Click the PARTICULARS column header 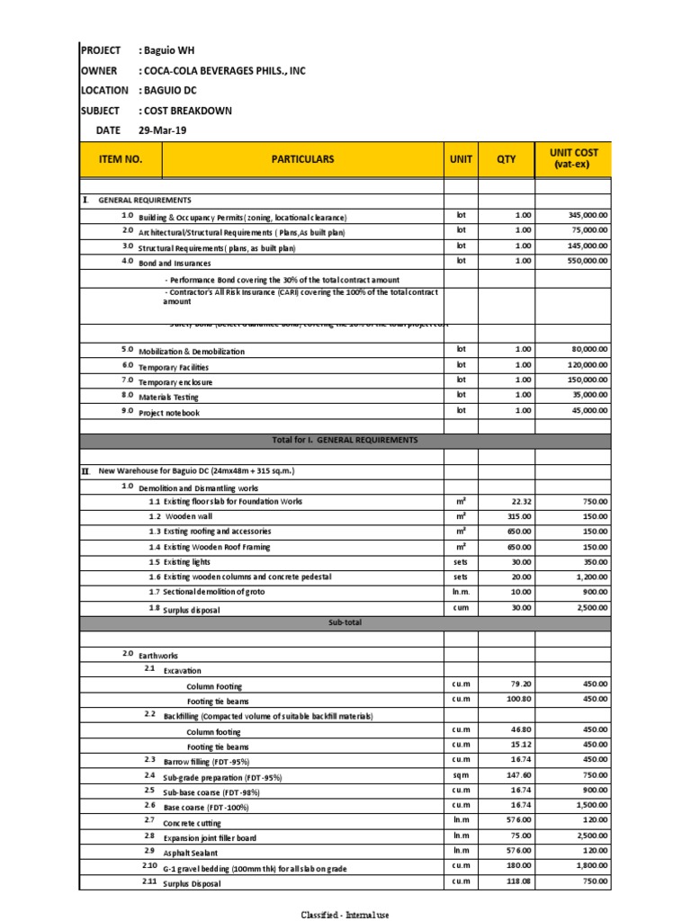302,159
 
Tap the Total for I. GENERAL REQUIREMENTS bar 345,440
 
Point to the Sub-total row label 345,622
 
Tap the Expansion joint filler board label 209,837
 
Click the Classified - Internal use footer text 345,915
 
